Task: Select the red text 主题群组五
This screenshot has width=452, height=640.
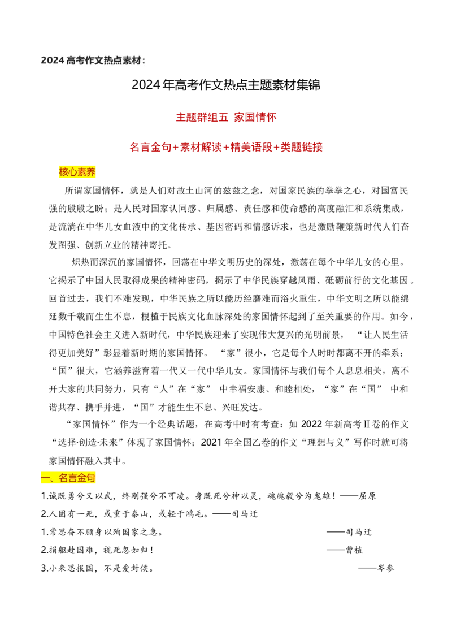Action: [x=202, y=118]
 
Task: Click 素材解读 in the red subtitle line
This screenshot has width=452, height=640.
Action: [x=201, y=147]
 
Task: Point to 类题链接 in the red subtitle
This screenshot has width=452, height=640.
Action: [x=302, y=147]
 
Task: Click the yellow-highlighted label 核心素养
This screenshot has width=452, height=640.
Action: [x=77, y=172]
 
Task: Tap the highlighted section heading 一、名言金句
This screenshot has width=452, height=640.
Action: [x=68, y=478]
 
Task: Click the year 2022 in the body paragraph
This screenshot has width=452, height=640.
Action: [x=311, y=425]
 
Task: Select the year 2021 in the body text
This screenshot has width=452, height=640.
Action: [x=211, y=443]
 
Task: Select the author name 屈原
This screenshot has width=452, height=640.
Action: [x=367, y=496]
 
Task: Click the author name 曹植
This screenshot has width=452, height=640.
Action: [x=354, y=550]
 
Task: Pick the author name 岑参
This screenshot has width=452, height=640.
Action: [x=385, y=568]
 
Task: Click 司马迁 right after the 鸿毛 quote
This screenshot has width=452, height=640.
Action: [x=245, y=514]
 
